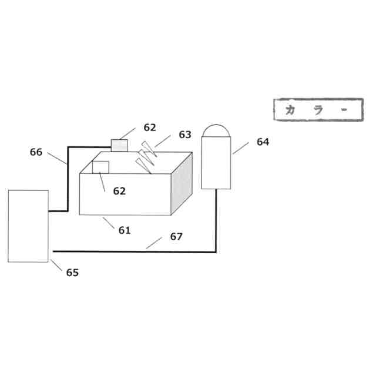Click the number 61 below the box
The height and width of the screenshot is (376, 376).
click(125, 230)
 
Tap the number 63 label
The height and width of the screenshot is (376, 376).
click(185, 135)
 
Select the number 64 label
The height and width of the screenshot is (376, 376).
click(263, 142)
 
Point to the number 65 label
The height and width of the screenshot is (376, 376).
click(72, 273)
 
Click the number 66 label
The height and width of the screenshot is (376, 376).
click(36, 152)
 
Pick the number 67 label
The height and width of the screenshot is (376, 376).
click(176, 236)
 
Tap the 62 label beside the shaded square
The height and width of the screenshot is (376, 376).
click(150, 127)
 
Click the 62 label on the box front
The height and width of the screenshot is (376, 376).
click(119, 191)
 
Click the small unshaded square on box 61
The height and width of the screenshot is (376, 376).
click(100, 167)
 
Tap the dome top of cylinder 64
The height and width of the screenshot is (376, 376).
click(216, 130)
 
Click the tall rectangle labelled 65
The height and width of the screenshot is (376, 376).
click(28, 226)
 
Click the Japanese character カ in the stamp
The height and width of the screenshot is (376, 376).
click(290, 110)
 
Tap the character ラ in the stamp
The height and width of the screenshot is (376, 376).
click(318, 110)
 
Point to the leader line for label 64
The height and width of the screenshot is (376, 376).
click(240, 147)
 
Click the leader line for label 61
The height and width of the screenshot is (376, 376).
click(109, 223)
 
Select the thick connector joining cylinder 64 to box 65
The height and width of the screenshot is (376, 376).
click(176, 251)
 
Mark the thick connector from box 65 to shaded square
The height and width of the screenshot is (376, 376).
click(68, 176)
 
